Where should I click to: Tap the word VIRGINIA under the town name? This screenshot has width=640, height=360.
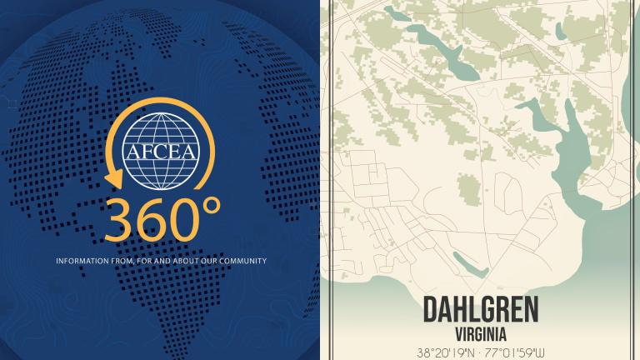click(480, 331)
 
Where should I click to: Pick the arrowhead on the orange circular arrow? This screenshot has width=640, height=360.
click(113, 178)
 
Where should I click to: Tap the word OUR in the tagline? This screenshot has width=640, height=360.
click(205, 261)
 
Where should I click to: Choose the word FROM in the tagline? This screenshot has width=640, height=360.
click(122, 261)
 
